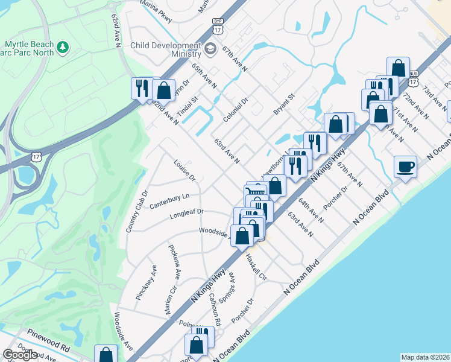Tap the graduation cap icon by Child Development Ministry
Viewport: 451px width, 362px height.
210,49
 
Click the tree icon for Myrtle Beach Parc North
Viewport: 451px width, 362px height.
62,46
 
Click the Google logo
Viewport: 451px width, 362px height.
20,355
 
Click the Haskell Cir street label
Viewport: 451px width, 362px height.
256,266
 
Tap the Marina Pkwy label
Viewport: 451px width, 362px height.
156,12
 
